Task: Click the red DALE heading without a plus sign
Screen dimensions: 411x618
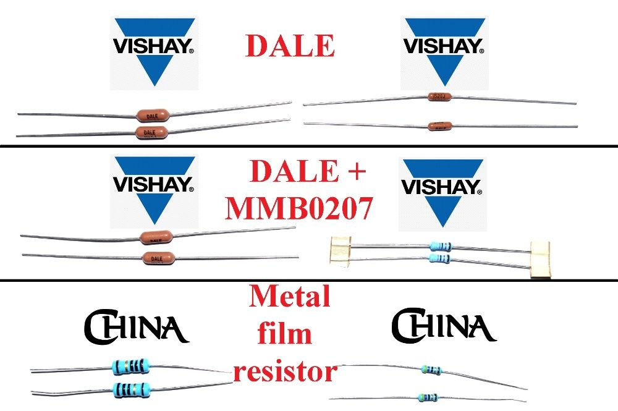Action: pos(290,45)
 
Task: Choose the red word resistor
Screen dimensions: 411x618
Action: pos(286,372)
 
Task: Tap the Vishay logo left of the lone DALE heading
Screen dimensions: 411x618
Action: pos(154,53)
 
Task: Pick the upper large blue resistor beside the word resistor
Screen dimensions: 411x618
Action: pos(131,367)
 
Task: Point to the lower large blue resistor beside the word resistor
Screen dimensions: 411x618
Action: pos(131,389)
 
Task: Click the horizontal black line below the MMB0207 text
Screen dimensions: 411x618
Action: pos(309,281)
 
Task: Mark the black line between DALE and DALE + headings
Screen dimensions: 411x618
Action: pos(309,146)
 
